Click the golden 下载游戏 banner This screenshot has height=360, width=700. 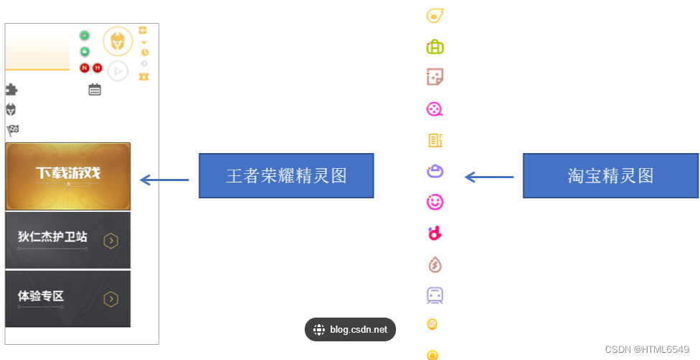coord(68,176)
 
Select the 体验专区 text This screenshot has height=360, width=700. coord(41,295)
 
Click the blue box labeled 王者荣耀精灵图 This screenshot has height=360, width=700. coord(286,175)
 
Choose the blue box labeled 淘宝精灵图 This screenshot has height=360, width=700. coord(610,175)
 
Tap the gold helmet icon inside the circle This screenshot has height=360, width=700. coord(118,41)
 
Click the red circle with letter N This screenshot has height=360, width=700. coord(84,68)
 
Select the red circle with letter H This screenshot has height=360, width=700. coord(97,68)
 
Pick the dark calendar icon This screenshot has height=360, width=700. coord(95,90)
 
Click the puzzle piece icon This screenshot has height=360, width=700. coord(11,90)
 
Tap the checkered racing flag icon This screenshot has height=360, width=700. coord(12,130)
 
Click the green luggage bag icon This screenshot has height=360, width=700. coord(435,47)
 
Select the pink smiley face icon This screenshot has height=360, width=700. coord(435,203)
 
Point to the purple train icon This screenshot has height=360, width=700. coord(435,295)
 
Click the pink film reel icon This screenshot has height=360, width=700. coord(435,109)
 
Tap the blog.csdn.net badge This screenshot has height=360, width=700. coord(350,330)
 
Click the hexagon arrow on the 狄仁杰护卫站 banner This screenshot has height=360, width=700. coord(111,241)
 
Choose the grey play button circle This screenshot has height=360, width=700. coord(118,71)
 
